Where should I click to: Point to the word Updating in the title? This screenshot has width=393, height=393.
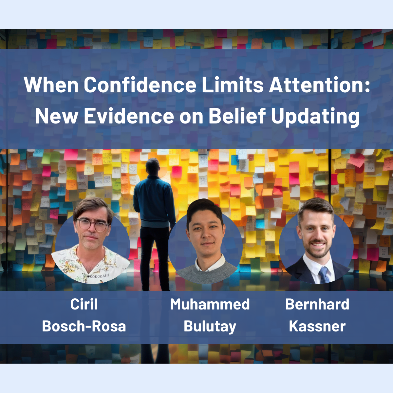315,117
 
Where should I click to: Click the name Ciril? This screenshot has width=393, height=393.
84,304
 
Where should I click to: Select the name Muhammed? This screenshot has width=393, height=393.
210,304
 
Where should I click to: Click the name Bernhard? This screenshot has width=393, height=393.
317,304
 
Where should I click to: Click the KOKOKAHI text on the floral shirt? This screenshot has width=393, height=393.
99,276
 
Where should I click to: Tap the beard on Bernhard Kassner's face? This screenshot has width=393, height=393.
317,248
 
